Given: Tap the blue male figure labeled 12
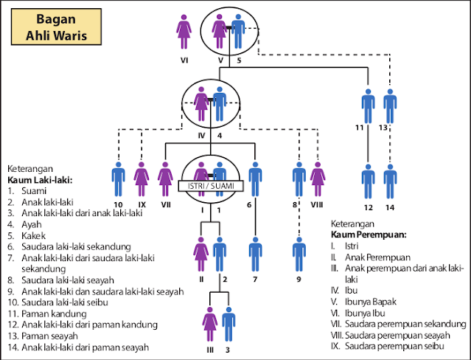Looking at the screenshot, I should click(368, 181).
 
